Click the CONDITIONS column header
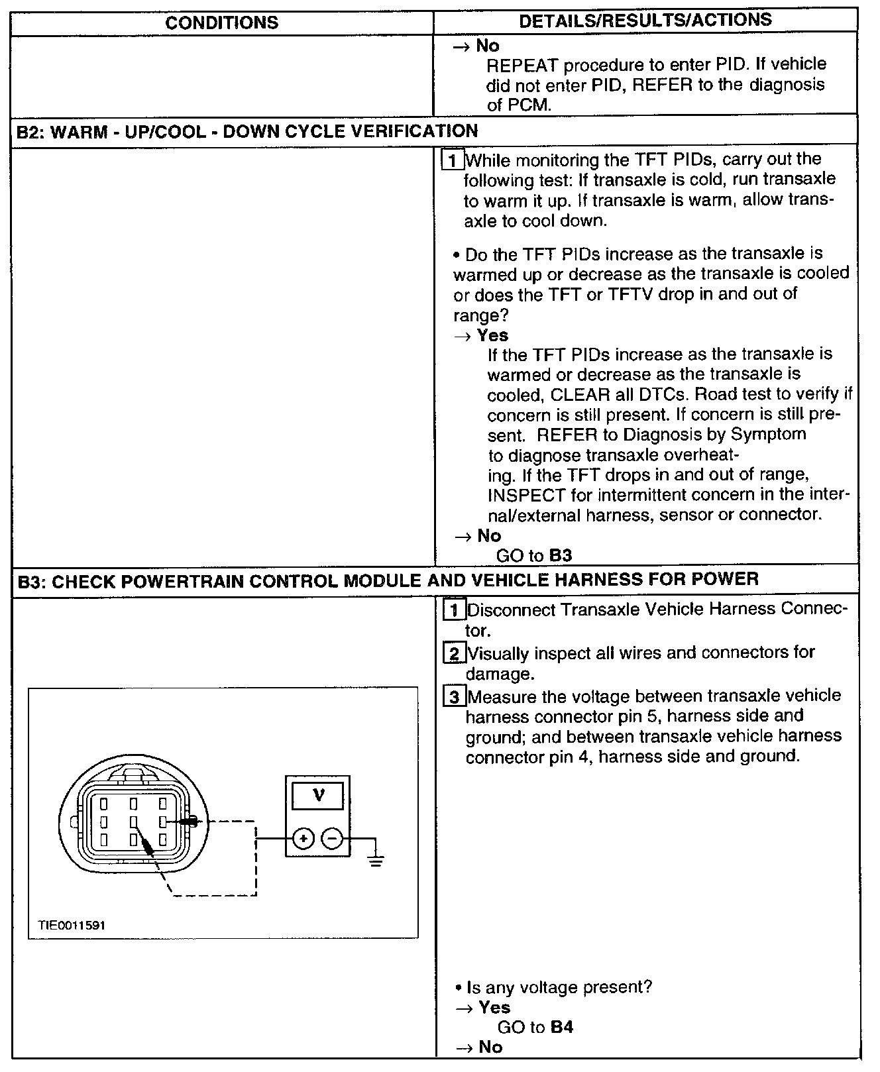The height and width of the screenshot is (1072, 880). click(222, 23)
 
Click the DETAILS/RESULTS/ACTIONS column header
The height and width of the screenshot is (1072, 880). click(645, 21)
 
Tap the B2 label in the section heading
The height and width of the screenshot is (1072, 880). click(28, 131)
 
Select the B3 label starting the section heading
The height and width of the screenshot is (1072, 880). click(30, 581)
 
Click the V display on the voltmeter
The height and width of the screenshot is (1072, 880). click(319, 795)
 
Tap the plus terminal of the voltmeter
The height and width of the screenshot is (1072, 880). click(303, 839)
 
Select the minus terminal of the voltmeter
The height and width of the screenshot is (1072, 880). click(332, 839)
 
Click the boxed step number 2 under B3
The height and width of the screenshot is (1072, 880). click(454, 654)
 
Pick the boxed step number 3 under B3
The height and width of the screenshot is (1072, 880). click(454, 697)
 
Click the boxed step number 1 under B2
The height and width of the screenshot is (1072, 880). click(452, 160)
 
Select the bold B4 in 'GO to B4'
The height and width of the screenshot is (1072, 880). click(561, 1027)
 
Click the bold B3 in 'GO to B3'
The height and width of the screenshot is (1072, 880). click(560, 555)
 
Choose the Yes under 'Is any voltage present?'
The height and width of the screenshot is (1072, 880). click(494, 1008)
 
